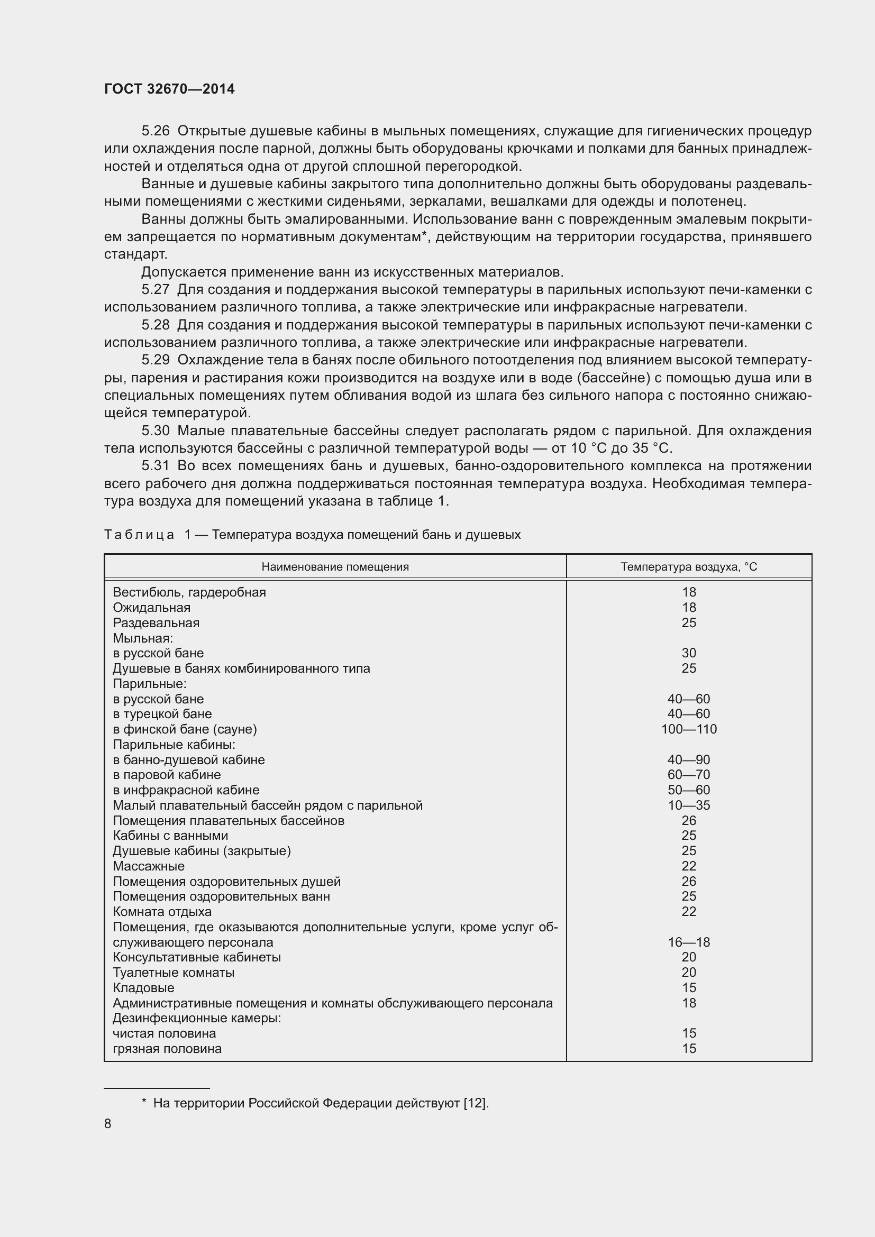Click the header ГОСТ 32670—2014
[x=169, y=89]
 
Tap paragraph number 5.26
[x=155, y=131]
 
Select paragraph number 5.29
[x=155, y=360]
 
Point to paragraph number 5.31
[x=155, y=465]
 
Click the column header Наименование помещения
[x=334, y=567]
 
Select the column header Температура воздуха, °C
[x=688, y=567]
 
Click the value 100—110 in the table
[x=689, y=729]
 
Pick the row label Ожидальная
[x=151, y=608]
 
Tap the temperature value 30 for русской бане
[x=689, y=653]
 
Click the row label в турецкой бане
[x=162, y=714]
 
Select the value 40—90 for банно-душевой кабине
[x=689, y=759]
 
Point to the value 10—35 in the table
[x=689, y=805]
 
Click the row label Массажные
[x=149, y=866]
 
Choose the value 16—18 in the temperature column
[x=689, y=942]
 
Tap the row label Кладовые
[x=143, y=988]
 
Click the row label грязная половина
[x=167, y=1049]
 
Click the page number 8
[x=108, y=1124]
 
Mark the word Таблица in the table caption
[x=139, y=535]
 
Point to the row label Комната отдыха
[x=162, y=912]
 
